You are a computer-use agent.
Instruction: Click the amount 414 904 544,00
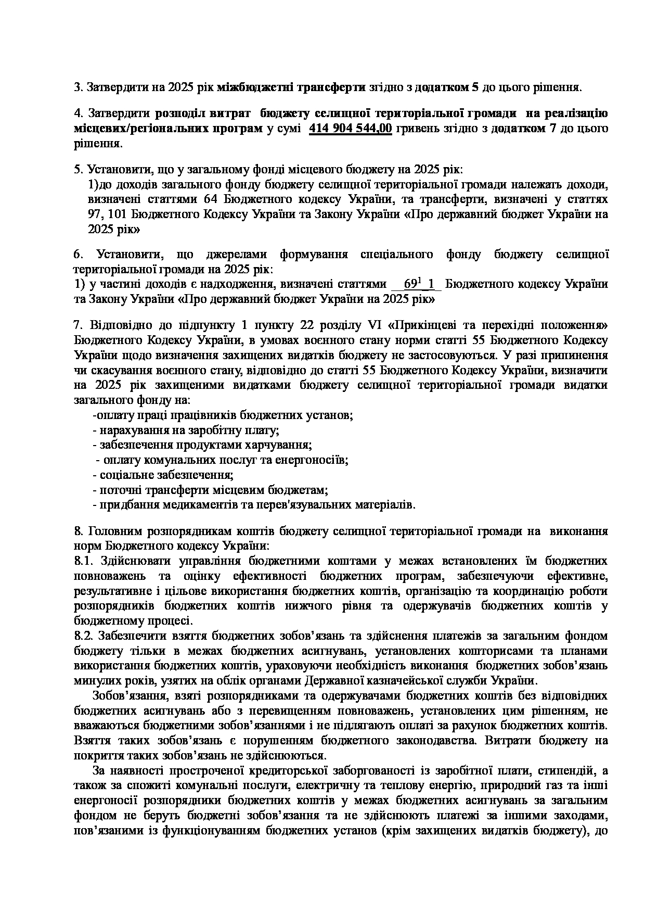point(350,129)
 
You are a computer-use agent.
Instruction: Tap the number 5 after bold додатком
point(475,87)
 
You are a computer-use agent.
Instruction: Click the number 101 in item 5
point(117,214)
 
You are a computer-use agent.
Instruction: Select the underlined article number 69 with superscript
point(411,284)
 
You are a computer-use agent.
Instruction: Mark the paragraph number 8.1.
point(83,561)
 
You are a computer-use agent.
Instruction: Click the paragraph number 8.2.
point(84,636)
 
